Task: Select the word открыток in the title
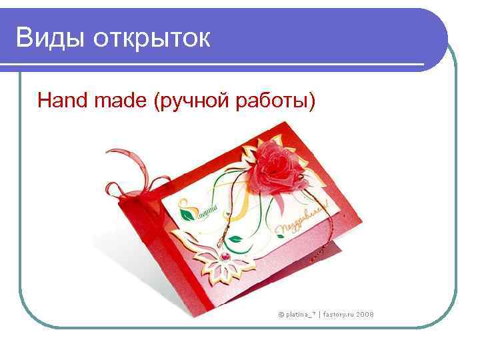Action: (152, 38)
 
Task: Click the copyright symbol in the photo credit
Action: (281, 313)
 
